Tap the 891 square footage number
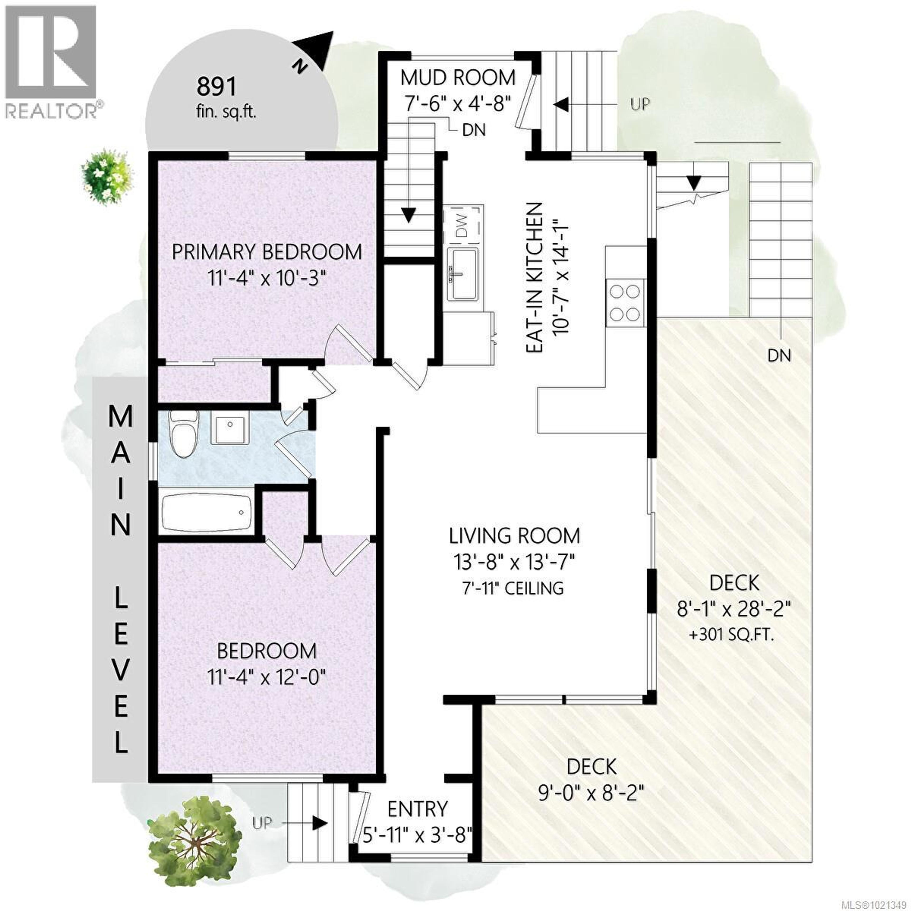[x=216, y=87]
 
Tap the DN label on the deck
[x=779, y=355]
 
